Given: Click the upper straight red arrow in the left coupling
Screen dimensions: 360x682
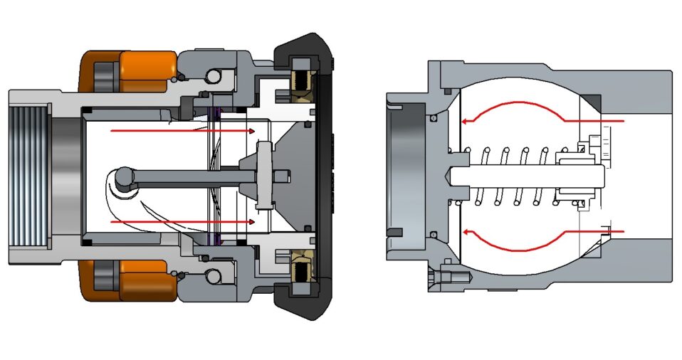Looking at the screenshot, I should [x=182, y=131].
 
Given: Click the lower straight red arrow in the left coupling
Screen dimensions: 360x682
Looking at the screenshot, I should [x=182, y=222].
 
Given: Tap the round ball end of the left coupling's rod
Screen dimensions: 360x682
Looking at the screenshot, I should [x=124, y=176].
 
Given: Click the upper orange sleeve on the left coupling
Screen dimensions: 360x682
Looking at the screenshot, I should [x=146, y=65].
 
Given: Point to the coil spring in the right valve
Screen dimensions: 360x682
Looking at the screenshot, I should [x=513, y=174].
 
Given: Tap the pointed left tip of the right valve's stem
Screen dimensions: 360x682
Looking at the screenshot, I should [x=450, y=175].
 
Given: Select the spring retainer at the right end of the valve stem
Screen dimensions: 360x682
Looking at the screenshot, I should [x=580, y=174].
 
